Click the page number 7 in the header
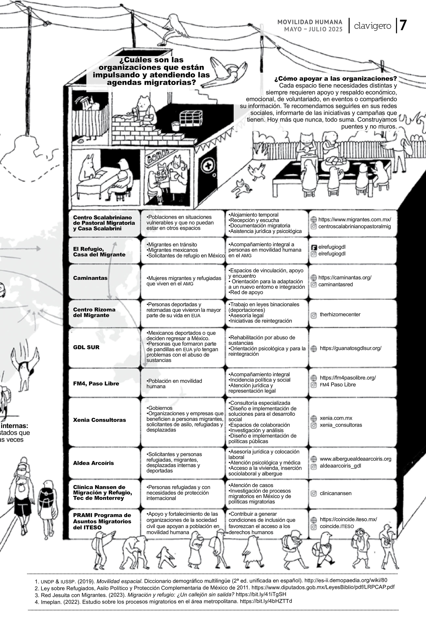click(403, 26)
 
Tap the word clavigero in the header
click(373, 26)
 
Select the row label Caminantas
click(90, 278)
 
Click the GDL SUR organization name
click(86, 347)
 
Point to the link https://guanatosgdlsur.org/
click(351, 348)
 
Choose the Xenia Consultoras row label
click(99, 420)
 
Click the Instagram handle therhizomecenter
click(340, 314)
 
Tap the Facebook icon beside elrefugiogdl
click(314, 247)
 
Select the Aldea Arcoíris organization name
click(93, 463)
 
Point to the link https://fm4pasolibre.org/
click(348, 378)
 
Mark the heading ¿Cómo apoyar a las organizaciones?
click(335, 79)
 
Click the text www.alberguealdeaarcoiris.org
click(355, 459)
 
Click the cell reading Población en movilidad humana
click(174, 384)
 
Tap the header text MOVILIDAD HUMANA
click(310, 22)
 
